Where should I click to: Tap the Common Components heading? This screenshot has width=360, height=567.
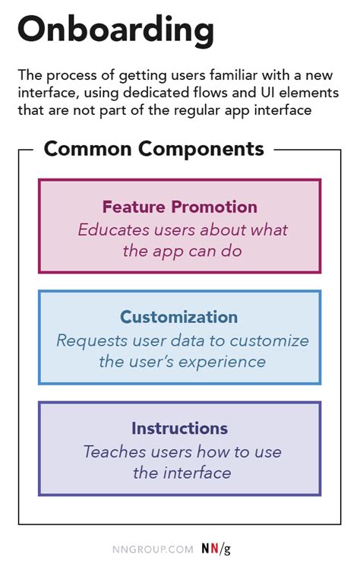tap(153, 148)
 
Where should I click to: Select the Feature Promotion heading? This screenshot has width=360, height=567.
tap(180, 207)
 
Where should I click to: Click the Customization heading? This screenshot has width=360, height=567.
tap(178, 317)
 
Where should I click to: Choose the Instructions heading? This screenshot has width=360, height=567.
tap(179, 428)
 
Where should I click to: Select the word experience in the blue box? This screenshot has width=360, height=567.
tap(227, 361)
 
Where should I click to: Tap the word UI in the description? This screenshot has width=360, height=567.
tap(258, 93)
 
